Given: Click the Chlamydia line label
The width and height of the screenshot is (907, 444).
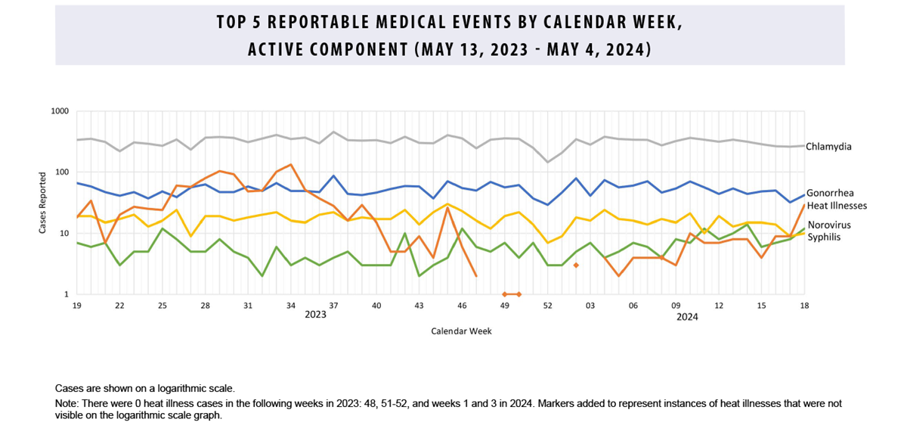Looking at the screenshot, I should [x=828, y=147].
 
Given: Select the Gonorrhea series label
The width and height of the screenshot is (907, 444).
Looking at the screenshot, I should [x=829, y=194].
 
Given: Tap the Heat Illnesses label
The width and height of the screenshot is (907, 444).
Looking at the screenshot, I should [x=836, y=205].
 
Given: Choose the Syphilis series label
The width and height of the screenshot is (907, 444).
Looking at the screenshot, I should [x=823, y=237].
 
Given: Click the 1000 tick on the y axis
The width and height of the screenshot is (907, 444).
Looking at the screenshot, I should [x=60, y=111].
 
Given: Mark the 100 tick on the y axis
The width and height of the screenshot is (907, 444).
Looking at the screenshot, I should [x=63, y=172].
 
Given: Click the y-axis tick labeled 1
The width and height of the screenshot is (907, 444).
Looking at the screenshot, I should [x=67, y=294].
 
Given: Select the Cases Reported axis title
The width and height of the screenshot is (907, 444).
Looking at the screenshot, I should [x=43, y=203].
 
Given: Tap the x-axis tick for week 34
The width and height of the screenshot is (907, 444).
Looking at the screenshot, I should [x=291, y=305].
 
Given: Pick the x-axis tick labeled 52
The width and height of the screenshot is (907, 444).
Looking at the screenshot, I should [x=548, y=305].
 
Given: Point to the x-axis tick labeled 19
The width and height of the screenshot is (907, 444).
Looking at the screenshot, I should [x=76, y=305].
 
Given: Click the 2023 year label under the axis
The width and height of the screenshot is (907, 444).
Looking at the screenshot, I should [x=315, y=315].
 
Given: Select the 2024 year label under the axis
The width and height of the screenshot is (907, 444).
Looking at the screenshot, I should [x=686, y=317].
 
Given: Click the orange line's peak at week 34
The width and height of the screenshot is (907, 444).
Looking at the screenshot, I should [x=291, y=164].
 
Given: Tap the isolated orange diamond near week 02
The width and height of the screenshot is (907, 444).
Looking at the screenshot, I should [x=576, y=265].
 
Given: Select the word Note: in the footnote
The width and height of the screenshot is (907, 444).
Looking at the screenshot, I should [x=67, y=404].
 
